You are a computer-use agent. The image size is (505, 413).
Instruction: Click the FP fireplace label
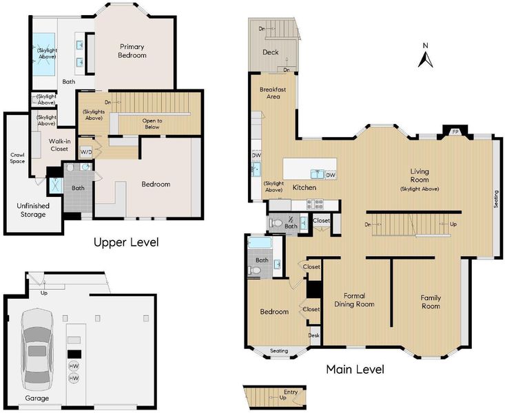pos(455,132)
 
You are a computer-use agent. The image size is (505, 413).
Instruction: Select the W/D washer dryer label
pos(85,152)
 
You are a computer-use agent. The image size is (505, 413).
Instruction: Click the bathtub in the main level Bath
pos(260,243)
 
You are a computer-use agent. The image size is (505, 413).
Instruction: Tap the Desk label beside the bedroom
pos(313,335)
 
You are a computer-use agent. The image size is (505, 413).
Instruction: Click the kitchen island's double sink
pos(318,174)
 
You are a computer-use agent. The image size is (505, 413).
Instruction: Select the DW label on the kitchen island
pos(331,175)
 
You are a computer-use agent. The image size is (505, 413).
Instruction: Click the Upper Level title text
pos(126,242)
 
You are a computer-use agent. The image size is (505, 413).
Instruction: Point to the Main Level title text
pos(355,369)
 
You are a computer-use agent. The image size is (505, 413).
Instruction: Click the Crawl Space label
pos(17,158)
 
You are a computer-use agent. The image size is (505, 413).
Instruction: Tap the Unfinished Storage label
pos(33,210)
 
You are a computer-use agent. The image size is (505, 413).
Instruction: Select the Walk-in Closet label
pos(59,145)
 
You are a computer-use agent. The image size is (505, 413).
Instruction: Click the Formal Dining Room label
pos(354,300)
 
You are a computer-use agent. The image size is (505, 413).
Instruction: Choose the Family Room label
pos(431,301)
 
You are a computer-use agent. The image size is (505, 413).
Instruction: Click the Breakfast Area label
pos(273,93)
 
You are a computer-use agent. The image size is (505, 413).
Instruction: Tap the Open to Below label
pos(152,124)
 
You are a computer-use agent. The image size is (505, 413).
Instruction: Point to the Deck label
pos(271,52)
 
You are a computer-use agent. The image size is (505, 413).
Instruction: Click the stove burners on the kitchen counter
pos(316,204)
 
